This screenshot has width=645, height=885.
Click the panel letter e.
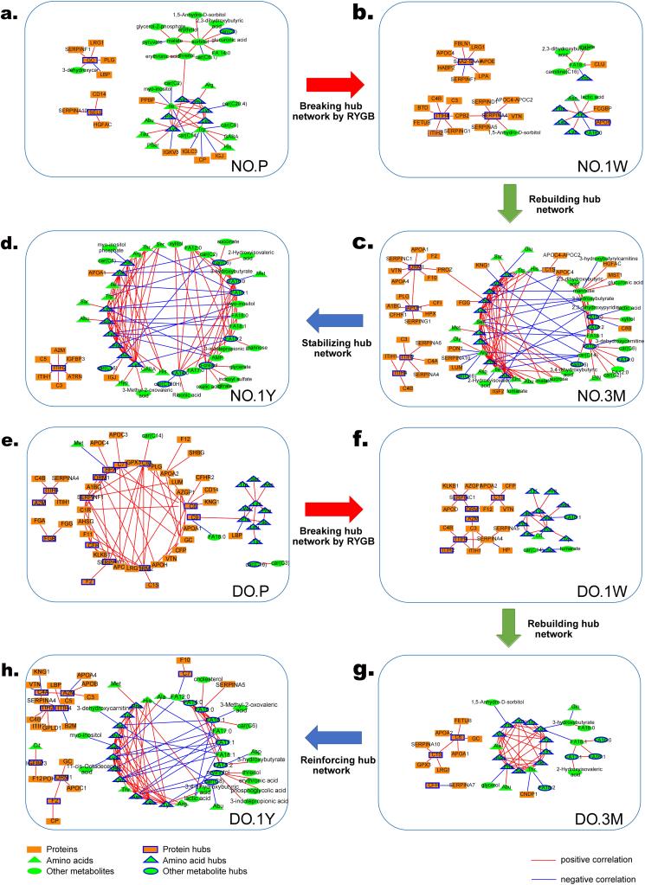coord(9,446)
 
